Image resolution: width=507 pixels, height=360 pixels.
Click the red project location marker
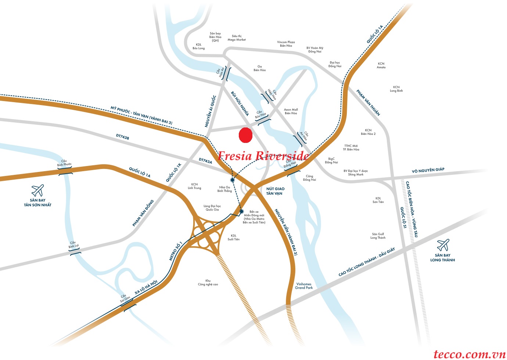coord(245,135)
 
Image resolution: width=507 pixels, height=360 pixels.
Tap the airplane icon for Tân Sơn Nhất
coord(37,191)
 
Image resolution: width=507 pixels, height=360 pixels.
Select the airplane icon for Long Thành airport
coord(443,245)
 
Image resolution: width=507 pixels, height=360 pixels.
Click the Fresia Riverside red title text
coord(263,156)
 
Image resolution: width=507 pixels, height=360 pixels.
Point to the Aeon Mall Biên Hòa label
coord(291,111)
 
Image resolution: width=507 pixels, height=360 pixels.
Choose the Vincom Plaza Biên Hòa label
coord(286,44)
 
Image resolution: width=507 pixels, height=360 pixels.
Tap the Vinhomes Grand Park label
coord(304,286)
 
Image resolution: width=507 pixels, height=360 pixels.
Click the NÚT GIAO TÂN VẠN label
coord(275,191)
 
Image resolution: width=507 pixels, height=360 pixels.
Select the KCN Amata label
coord(381,65)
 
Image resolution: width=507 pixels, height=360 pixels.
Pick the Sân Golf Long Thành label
coord(378,236)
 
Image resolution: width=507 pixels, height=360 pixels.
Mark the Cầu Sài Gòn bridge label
coord(125,298)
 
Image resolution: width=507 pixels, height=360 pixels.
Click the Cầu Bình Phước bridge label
coord(64,163)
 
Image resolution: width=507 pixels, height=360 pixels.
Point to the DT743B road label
coord(123,137)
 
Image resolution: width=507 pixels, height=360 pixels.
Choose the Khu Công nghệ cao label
coord(208,282)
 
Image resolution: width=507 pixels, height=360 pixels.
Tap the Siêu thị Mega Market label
coord(237,38)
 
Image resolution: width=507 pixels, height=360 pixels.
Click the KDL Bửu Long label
coord(199,46)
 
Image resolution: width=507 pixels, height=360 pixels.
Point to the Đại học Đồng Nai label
coord(335,64)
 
